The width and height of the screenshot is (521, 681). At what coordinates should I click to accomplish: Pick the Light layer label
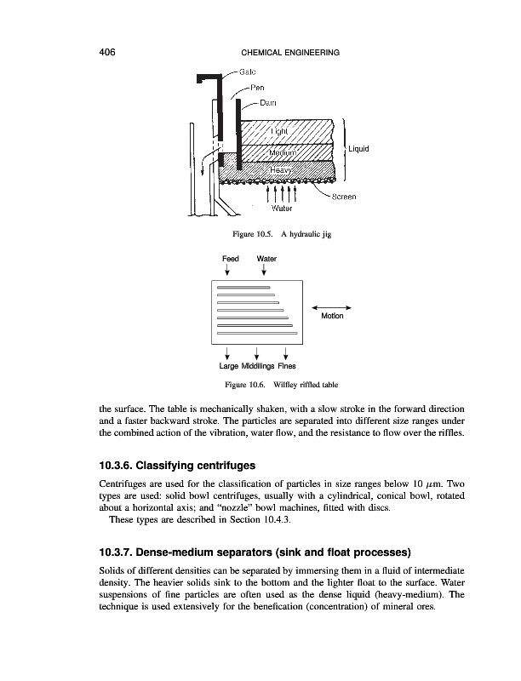[280, 131]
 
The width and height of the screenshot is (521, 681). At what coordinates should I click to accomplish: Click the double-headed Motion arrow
[333, 306]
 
